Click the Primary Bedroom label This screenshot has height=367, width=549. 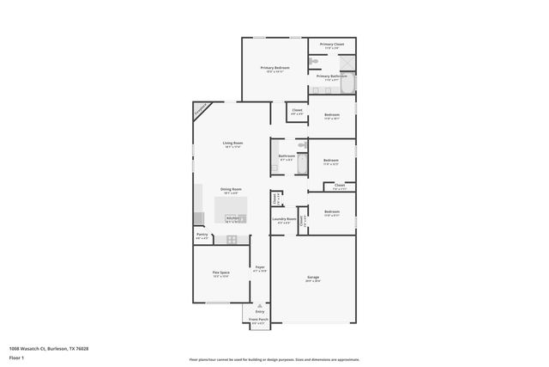[x=275, y=67]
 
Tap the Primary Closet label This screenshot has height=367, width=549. [x=332, y=44]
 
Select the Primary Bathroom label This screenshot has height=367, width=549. [x=332, y=76]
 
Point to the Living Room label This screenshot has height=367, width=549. [x=232, y=144]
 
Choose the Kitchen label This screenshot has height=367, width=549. [x=232, y=218]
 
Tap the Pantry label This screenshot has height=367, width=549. [x=202, y=234]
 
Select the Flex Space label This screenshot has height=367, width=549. [x=220, y=272]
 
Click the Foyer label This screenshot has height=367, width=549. [x=259, y=267]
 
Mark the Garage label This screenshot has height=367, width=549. [x=313, y=277]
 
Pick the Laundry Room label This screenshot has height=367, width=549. [x=285, y=219]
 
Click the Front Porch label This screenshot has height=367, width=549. [x=258, y=319]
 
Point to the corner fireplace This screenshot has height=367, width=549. [x=201, y=110]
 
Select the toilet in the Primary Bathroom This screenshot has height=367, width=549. [x=315, y=62]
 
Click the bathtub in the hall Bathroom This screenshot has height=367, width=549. [x=274, y=156]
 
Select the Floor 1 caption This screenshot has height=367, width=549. [x=16, y=357]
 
